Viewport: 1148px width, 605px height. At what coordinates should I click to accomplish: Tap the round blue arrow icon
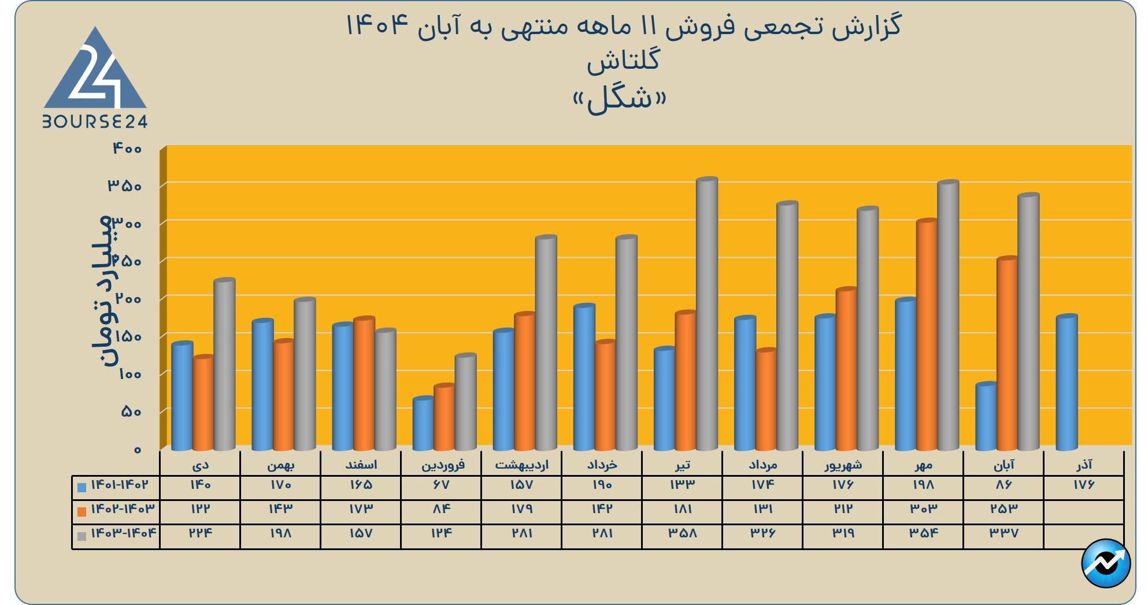pos(1106,563)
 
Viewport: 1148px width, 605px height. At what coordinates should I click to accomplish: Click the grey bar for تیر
pos(707,315)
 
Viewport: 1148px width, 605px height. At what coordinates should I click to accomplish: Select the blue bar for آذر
pos(1066,383)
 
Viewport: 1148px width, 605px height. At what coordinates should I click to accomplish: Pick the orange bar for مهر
pos(927,335)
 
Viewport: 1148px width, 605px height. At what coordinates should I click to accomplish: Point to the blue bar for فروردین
pos(423,424)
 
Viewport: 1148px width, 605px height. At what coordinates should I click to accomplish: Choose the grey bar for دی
pos(224,365)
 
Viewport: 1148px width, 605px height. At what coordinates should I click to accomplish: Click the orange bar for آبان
pos(1007,354)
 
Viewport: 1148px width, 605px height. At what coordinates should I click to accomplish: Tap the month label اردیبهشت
pos(521,465)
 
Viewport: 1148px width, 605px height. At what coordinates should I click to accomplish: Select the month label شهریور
pos(843,465)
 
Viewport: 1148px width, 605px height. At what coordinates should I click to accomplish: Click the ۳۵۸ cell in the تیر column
pos(682,533)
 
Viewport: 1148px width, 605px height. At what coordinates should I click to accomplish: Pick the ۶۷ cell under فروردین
pos(441,485)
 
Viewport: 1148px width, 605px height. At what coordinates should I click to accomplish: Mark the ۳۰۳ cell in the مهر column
pos(923,509)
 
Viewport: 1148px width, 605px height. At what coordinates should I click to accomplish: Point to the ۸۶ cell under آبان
pos(1004,485)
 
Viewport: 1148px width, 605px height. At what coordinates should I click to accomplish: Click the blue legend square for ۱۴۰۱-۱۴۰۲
pos(82,487)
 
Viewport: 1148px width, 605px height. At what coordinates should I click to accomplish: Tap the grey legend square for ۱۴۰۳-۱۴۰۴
pos(82,536)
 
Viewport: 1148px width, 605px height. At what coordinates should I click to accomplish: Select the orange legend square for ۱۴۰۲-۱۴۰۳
pos(82,511)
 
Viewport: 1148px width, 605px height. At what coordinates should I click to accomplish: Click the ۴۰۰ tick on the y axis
pos(127,149)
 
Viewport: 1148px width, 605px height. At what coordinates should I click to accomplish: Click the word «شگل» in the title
pos(620,99)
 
